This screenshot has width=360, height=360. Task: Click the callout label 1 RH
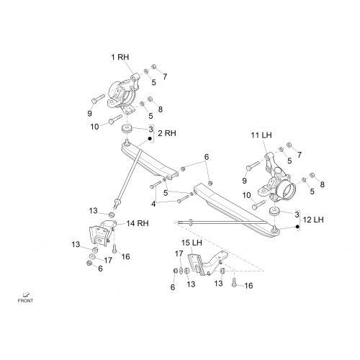click(120, 57)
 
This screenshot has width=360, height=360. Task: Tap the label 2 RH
click(167, 133)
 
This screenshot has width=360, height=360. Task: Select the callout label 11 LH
click(261, 135)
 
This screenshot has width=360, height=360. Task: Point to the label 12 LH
click(313, 220)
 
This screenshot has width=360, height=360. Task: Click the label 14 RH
click(138, 223)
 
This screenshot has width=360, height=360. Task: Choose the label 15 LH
click(192, 243)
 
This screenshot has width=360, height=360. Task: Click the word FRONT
click(25, 300)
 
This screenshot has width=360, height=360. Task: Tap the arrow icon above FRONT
click(26, 294)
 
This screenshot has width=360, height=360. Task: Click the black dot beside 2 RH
click(150, 139)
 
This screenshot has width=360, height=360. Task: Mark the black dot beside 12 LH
click(297, 226)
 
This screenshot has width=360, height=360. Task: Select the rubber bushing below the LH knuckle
click(274, 211)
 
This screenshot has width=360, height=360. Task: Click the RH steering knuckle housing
click(123, 94)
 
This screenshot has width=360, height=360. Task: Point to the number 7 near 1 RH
click(165, 77)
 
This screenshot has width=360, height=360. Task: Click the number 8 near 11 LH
click(322, 184)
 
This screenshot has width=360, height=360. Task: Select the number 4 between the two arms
click(153, 204)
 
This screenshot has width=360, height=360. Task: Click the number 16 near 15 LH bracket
click(248, 286)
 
